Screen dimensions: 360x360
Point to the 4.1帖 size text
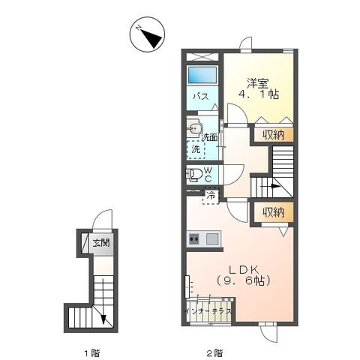coord(259,96)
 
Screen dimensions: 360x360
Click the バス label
coord(202,97)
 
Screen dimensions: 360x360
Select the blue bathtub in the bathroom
coord(202,77)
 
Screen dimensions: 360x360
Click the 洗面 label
coord(210,137)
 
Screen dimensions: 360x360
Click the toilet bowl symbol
coord(195,175)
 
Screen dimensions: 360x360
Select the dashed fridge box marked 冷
coord(211,196)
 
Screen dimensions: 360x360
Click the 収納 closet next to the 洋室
coord(273,135)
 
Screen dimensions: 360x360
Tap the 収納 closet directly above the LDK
coord(273,212)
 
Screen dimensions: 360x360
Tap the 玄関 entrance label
coord(101,242)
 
